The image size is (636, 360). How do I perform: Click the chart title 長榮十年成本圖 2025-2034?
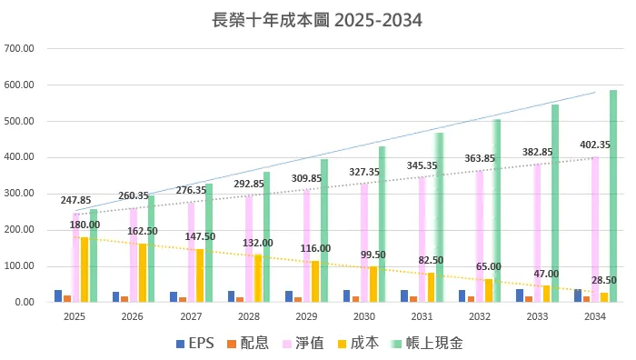tap(317, 19)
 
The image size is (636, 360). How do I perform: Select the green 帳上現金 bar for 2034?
tap(613, 195)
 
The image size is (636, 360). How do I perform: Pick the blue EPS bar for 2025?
tap(58, 295)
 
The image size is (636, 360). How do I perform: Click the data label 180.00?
tap(84, 225)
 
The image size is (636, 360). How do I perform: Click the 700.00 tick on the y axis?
tap(19, 48)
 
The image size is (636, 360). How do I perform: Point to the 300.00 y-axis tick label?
tap(19, 194)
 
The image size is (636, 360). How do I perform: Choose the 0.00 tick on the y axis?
tap(25, 303)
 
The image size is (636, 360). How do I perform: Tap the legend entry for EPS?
tap(196, 344)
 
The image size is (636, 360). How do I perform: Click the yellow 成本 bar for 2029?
tap(315, 281)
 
